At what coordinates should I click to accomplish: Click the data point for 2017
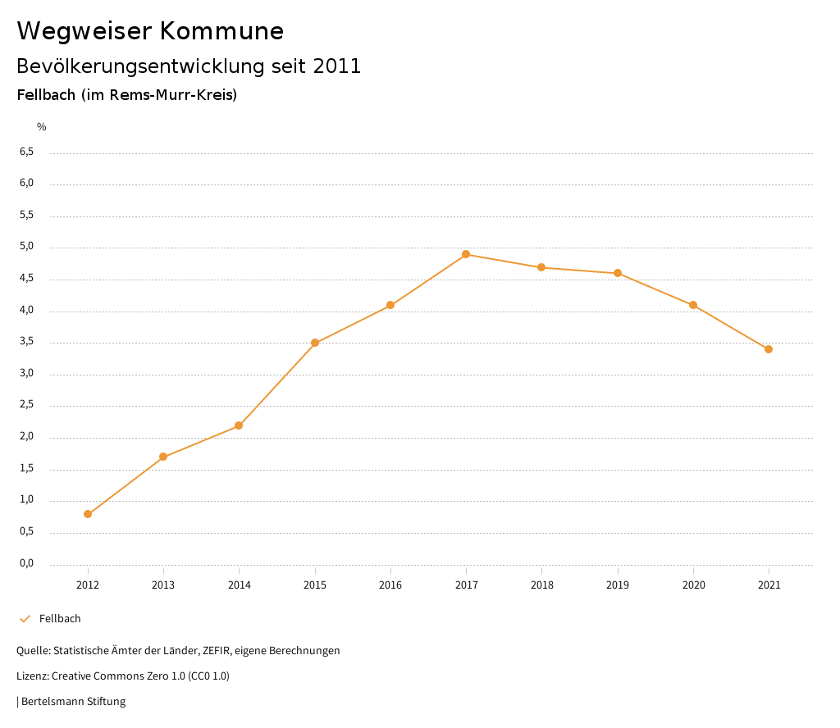click(466, 254)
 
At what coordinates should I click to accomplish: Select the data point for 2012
click(88, 514)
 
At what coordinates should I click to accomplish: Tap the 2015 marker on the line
click(315, 343)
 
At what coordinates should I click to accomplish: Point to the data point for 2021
click(769, 349)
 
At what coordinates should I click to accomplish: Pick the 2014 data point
click(239, 425)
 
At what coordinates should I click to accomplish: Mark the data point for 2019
click(618, 273)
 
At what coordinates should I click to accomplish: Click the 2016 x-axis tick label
click(390, 585)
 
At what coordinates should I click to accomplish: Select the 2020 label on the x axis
click(693, 585)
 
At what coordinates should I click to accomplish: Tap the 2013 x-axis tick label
click(163, 585)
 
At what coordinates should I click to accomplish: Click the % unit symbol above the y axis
click(42, 127)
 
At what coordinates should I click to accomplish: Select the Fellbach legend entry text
click(60, 619)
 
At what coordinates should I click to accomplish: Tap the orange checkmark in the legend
click(25, 619)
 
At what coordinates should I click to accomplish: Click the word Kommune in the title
click(221, 31)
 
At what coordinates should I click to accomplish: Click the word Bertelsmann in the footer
click(52, 702)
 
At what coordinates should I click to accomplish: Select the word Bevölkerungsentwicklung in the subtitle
click(140, 66)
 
